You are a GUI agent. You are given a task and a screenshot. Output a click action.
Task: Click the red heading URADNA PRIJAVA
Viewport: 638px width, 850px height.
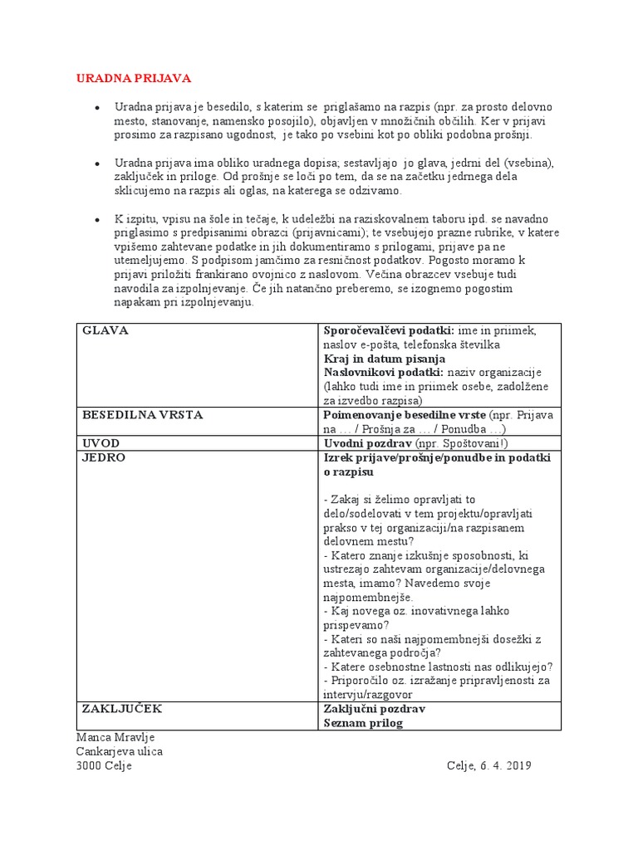click(x=134, y=78)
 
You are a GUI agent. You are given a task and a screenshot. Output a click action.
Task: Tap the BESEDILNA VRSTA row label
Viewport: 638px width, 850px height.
click(x=142, y=414)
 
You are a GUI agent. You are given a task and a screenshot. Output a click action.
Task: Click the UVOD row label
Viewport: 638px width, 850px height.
click(x=101, y=442)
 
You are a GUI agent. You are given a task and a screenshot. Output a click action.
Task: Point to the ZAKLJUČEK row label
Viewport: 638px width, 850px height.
click(x=122, y=709)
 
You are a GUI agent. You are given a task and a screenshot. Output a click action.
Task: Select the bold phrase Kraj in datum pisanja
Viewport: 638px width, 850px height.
click(x=385, y=359)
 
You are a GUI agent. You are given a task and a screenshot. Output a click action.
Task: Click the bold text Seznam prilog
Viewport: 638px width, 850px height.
click(x=362, y=723)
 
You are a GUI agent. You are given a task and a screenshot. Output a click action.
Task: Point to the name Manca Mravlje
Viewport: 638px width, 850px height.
click(x=115, y=737)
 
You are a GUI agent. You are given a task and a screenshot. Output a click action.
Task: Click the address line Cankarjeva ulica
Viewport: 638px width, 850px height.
click(x=120, y=751)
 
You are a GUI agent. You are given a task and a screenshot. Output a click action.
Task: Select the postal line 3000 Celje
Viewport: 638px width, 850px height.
click(x=104, y=765)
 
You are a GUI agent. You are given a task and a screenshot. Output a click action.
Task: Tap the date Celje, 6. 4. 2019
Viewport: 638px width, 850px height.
click(x=488, y=765)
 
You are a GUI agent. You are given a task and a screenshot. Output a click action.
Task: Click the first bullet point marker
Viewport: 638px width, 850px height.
click(x=97, y=109)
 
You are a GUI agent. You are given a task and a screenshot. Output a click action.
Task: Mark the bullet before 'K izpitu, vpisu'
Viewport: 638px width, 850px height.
click(x=97, y=218)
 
